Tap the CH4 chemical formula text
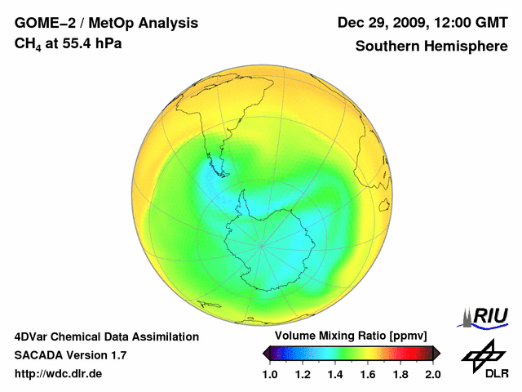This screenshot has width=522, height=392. coord(26,43)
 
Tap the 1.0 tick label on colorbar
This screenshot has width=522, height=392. coord(270,374)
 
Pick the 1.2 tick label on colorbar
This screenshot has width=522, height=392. coord(303,374)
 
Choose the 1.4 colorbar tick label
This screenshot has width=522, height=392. coord(335,374)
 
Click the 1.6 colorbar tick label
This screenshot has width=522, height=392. coord(368,374)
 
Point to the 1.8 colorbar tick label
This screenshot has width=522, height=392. coord(400,374)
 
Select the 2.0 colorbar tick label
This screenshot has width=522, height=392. coord(432,374)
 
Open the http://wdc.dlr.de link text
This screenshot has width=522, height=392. coord(59,374)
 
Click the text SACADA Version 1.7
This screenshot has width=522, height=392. coord(70,355)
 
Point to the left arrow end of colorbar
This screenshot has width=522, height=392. coord(266,353)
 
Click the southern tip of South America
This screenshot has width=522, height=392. coord(221,173)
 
